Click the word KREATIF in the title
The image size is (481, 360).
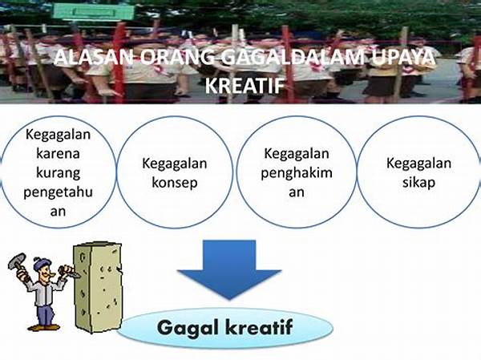point(245,85)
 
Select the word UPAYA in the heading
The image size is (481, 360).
point(402,57)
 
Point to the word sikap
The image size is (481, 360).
point(418,182)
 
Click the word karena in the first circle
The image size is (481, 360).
point(58,153)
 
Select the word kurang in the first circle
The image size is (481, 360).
point(58,173)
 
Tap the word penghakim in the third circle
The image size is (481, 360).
point(297,173)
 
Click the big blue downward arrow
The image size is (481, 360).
point(229,269)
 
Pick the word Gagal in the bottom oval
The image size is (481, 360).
point(186,328)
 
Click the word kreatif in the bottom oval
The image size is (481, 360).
point(259,327)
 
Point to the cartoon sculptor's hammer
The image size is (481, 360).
point(18,261)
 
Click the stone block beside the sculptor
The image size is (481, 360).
point(98,288)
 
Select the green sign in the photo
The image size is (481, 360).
point(94,12)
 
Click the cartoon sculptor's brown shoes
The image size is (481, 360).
point(43,327)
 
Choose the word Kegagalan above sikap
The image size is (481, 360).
point(418,164)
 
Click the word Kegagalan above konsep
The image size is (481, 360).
point(175,164)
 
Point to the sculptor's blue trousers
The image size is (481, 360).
point(45,313)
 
